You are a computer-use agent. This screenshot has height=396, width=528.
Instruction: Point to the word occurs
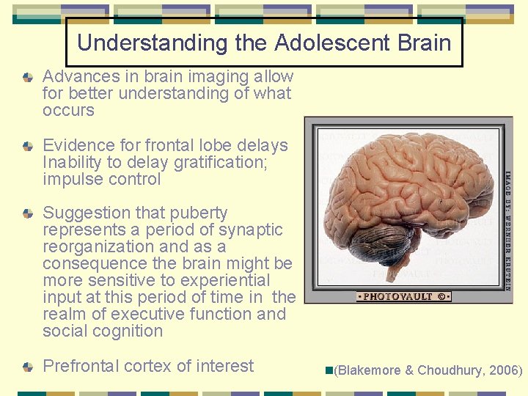coord(68,111)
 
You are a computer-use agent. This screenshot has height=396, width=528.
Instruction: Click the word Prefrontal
coord(84,366)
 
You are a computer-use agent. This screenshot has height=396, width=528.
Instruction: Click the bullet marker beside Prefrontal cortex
coord(28,367)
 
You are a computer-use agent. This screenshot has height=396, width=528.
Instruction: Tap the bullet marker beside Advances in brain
coord(28,77)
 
